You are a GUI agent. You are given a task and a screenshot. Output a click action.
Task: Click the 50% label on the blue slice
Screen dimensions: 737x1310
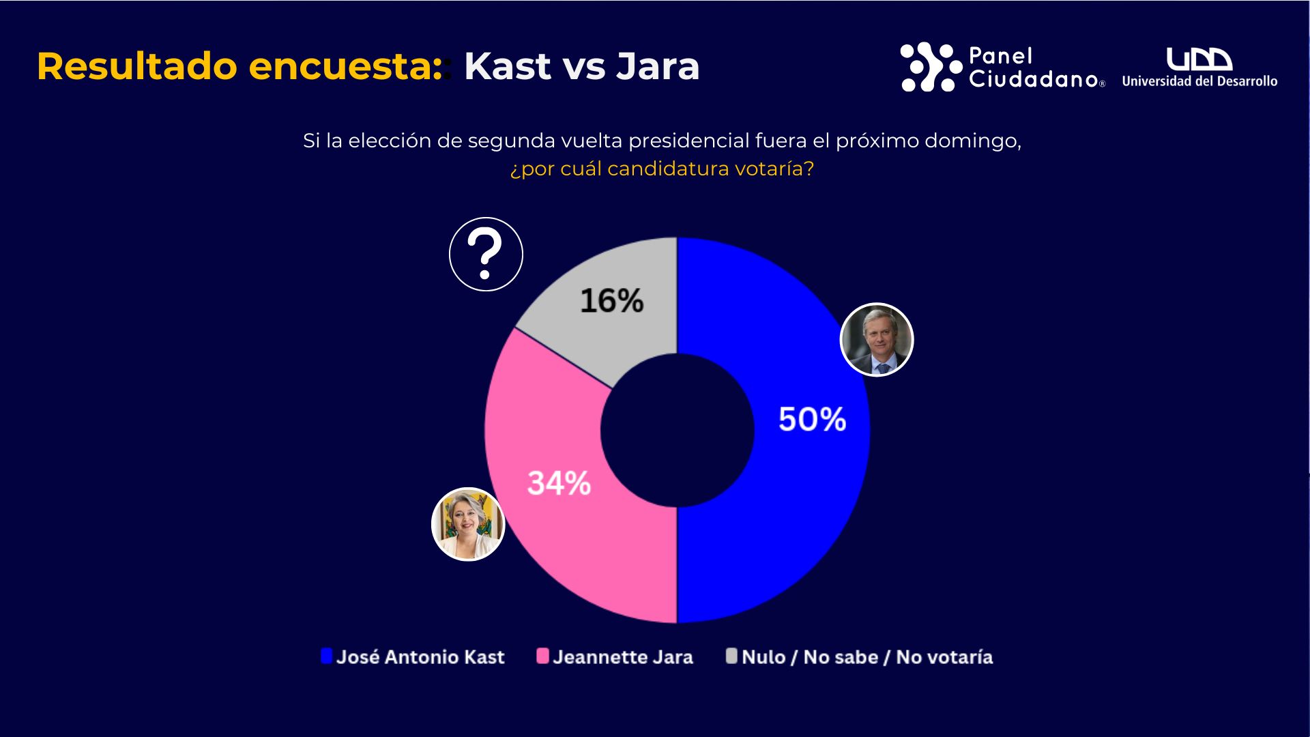click(x=812, y=419)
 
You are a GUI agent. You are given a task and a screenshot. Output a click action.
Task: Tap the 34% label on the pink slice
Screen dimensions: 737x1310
click(x=559, y=483)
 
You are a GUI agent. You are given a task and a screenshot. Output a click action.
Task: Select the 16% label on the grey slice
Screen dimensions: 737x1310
click(x=611, y=300)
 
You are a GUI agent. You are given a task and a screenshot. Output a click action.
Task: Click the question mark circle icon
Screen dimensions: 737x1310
click(x=486, y=255)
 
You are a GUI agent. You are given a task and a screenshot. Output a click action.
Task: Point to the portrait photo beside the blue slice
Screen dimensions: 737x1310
click(x=877, y=339)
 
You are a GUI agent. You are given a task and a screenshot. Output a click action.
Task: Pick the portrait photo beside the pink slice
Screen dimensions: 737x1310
click(x=468, y=524)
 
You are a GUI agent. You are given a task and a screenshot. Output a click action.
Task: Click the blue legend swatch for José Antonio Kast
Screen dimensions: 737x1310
click(x=327, y=656)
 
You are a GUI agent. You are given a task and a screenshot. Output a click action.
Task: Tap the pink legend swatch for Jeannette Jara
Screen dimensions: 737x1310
click(x=542, y=656)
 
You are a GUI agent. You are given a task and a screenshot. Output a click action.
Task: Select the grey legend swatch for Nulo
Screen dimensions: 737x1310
click(x=731, y=656)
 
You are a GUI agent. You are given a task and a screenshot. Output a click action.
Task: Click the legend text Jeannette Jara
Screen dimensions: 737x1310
click(x=623, y=657)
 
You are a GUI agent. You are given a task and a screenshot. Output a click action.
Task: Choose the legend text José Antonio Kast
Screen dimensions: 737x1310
click(x=420, y=657)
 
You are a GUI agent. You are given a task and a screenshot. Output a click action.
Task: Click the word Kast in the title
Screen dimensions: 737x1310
click(x=507, y=66)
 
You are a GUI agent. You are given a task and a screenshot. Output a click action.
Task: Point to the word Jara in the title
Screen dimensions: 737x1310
click(x=658, y=66)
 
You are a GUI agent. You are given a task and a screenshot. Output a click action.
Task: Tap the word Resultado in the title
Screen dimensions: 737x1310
click(x=137, y=66)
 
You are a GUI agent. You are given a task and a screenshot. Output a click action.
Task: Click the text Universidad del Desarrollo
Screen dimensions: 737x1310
click(x=1199, y=81)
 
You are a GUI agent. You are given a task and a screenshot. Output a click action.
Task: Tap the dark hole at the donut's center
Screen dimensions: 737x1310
click(x=677, y=431)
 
